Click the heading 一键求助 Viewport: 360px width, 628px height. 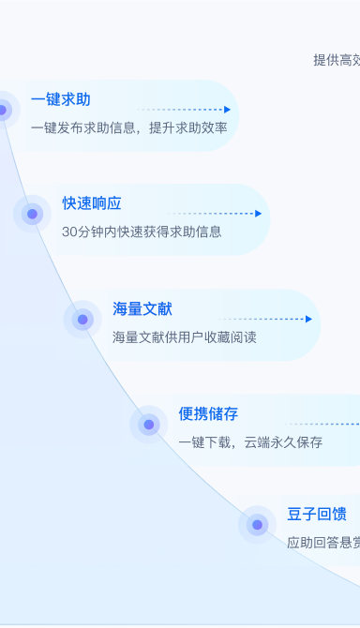[x=60, y=99]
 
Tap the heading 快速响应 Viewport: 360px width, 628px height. [x=92, y=203]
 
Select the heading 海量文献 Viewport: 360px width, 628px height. [x=142, y=308]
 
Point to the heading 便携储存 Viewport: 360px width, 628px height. [x=208, y=413]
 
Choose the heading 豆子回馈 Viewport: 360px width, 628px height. [x=317, y=514]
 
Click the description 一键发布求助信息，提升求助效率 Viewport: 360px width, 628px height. [x=128, y=127]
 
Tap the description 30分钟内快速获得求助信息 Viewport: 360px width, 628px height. [x=142, y=232]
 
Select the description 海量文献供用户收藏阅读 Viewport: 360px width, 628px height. [x=184, y=336]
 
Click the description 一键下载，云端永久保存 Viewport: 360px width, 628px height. [x=250, y=442]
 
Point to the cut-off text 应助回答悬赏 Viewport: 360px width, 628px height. [x=323, y=542]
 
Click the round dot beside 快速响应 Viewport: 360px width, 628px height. [x=32, y=214]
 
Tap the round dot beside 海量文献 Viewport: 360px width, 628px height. [x=82, y=320]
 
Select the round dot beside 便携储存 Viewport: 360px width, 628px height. [x=149, y=425]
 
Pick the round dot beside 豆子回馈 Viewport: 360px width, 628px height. [x=257, y=525]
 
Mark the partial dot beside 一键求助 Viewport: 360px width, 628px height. [x=3, y=110]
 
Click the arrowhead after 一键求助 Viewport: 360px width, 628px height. [x=227, y=110]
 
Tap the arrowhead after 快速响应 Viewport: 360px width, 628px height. [x=258, y=214]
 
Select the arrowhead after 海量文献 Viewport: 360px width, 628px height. [x=308, y=319]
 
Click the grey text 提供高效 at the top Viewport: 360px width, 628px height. [x=337, y=60]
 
